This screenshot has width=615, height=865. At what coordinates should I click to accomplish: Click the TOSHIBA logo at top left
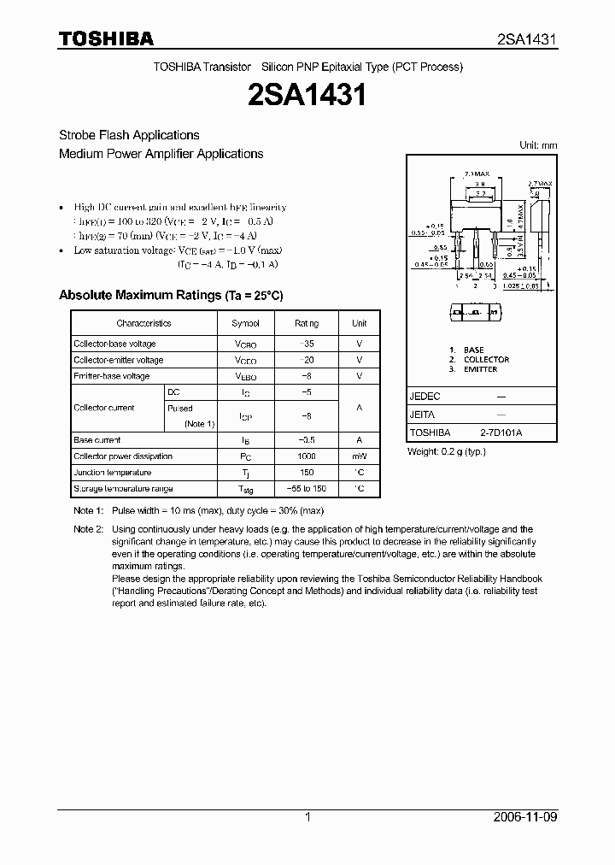point(106,38)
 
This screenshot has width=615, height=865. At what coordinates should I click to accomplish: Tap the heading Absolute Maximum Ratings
point(170,295)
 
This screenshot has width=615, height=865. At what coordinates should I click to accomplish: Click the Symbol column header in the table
point(245,323)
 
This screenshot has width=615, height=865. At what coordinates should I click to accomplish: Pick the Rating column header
point(307,323)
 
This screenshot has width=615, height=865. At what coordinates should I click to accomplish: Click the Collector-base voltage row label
point(114,344)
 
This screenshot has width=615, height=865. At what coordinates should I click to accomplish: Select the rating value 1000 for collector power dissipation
point(307,456)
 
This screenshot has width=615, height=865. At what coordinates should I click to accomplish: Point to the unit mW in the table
point(360,456)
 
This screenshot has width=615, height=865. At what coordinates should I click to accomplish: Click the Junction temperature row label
point(112,473)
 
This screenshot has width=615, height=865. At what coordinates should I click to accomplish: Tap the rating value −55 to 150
point(307,489)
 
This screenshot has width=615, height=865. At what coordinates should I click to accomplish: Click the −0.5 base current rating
point(307,440)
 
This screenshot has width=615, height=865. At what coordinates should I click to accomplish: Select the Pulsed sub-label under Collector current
point(180,409)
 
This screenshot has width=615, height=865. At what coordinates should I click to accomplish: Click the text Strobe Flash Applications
point(129,135)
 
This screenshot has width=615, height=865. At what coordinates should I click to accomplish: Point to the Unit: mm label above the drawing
point(538,145)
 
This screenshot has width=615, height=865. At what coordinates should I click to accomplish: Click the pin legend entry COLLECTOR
point(486,360)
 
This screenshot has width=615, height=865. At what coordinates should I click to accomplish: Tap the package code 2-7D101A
point(500,433)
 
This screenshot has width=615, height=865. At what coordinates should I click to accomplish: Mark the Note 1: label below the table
point(88,511)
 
